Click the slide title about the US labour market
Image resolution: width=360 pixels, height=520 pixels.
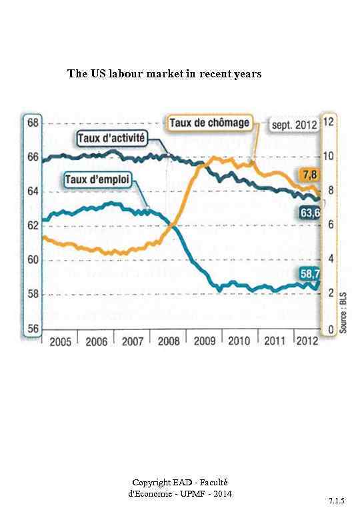(x=164, y=73)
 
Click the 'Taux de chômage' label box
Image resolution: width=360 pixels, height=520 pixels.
(x=209, y=123)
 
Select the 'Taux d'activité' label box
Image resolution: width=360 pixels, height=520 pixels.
(x=110, y=139)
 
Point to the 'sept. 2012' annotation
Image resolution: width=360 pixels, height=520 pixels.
(x=292, y=124)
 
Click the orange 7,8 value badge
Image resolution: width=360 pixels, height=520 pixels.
(x=308, y=175)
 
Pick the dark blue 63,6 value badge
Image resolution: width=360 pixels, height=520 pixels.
(x=309, y=213)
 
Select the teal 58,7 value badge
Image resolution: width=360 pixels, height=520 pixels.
(x=309, y=273)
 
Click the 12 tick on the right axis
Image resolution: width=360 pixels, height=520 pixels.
(x=328, y=123)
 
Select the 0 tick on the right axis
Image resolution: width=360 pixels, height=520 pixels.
(x=327, y=329)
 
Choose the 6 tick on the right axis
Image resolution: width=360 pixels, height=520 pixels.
(x=327, y=226)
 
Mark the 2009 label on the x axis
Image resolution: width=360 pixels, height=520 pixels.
(x=204, y=341)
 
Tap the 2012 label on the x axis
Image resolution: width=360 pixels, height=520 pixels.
(x=307, y=341)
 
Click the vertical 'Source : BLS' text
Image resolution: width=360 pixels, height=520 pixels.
(x=341, y=315)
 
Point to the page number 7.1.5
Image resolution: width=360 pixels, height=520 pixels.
(x=335, y=499)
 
